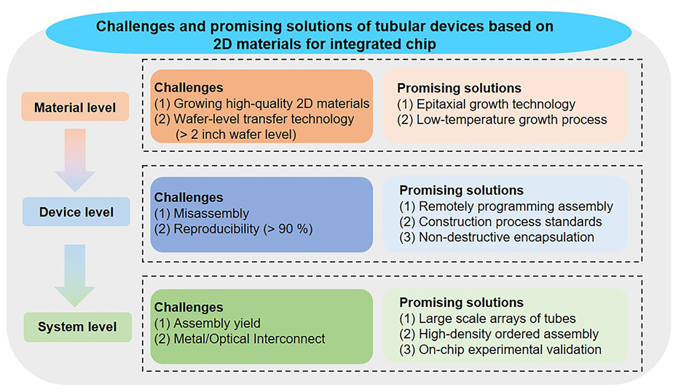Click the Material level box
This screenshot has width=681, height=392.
click(75, 106)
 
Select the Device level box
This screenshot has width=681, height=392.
click(76, 212)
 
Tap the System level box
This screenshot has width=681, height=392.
click(77, 327)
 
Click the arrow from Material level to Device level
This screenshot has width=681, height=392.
click(75, 159)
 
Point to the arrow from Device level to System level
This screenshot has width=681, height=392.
click(75, 275)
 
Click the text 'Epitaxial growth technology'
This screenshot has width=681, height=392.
click(496, 105)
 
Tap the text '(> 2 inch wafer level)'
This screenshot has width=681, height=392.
click(236, 135)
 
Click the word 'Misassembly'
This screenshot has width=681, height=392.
click(211, 213)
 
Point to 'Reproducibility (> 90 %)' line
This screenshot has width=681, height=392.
click(234, 229)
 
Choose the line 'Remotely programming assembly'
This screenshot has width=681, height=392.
click(506, 207)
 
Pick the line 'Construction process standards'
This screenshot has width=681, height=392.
click(501, 222)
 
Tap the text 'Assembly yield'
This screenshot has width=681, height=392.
click(217, 323)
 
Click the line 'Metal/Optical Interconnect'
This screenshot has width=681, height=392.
click(240, 339)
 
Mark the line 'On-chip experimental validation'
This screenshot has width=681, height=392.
click(500, 350)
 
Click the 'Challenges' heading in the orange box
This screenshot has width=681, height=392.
click(189, 87)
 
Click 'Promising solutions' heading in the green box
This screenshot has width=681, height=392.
click(462, 303)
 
